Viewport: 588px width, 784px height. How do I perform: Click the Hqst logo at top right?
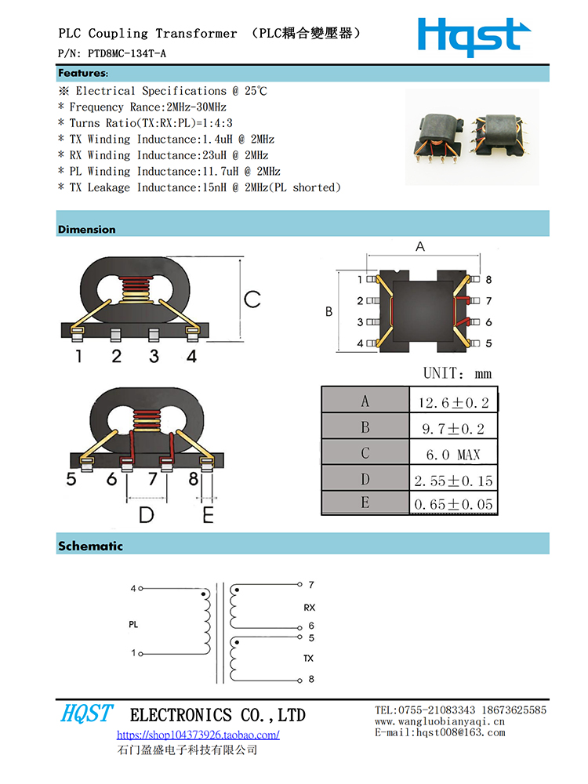coord(474,36)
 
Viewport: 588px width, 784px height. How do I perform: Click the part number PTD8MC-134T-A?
coord(126,53)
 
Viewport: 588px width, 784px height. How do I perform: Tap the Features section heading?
coord(82,74)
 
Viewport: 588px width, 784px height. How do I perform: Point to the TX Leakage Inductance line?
coord(200,187)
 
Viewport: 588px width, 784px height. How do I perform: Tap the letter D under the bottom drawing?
coord(147,514)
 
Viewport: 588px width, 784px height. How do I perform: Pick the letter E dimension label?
coord(208,514)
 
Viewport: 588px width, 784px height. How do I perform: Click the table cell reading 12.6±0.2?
coord(453,403)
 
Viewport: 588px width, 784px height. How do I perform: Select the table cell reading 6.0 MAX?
coord(453,455)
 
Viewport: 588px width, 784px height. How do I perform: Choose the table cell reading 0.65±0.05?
coord(453,504)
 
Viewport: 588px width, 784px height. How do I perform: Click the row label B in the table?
coord(365,428)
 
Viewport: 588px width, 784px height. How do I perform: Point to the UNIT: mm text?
coord(458,373)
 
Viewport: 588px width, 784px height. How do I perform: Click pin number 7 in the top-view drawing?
coord(488,301)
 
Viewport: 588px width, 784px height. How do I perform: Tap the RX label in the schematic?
coord(309,608)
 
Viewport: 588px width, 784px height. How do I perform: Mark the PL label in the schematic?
coord(133,625)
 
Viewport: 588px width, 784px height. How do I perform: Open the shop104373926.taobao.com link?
coord(198,735)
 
